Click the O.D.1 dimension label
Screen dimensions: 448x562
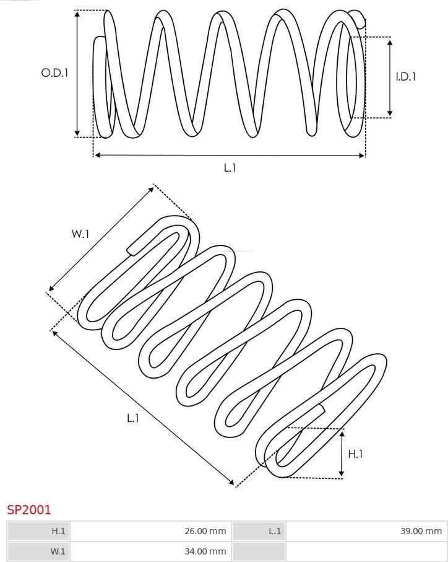coord(54,72)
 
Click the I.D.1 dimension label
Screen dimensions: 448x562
coord(406,76)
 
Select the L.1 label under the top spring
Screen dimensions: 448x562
coord(230,167)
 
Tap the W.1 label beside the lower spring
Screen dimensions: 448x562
coord(80,234)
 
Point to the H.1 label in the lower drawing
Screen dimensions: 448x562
coord(355,454)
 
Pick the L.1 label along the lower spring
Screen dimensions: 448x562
coord(133,418)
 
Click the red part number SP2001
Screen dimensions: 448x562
coord(29,510)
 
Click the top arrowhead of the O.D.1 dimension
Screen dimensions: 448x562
coord(77,14)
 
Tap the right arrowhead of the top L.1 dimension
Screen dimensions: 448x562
coord(361,156)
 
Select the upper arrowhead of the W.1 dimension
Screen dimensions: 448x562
coord(151,189)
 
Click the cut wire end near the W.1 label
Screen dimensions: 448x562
coord(131,251)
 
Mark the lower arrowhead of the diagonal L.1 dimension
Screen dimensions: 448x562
coord(231,481)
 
